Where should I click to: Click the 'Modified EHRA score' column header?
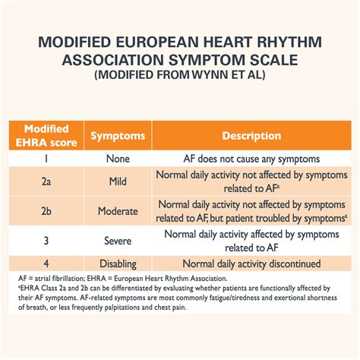coord(46,136)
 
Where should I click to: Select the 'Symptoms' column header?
coord(118,136)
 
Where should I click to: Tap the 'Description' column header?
coord(251,136)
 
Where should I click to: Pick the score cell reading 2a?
coord(46,182)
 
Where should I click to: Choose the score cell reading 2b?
coord(46,211)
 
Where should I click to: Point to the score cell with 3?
coord(46,241)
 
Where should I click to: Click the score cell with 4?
coord(46,264)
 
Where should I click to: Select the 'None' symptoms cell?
coord(118,159)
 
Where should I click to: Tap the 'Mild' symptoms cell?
coord(118,182)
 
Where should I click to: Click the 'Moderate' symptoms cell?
coord(118,211)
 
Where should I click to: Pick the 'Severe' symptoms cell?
coord(118,241)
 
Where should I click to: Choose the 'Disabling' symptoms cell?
coord(118,264)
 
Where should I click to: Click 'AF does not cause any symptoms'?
coord(251,159)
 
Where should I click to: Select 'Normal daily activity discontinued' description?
coord(251,264)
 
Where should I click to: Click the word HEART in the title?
coord(228,42)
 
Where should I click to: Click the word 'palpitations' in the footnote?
coord(131,308)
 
